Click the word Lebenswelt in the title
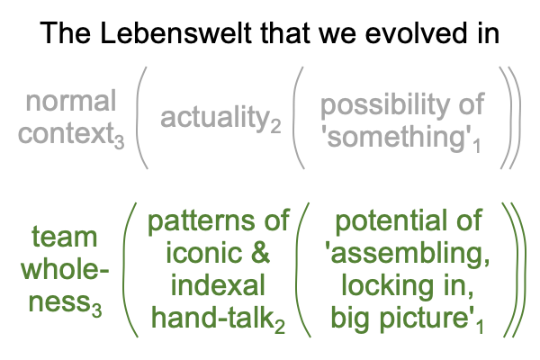click(x=175, y=33)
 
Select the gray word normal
click(x=71, y=101)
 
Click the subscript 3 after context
click(x=119, y=141)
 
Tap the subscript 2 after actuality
click(x=275, y=125)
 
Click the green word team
click(x=65, y=237)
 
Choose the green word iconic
click(x=204, y=253)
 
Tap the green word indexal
click(x=218, y=285)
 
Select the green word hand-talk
click(x=212, y=318)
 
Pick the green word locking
click(x=388, y=286)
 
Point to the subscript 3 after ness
click(x=97, y=310)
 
